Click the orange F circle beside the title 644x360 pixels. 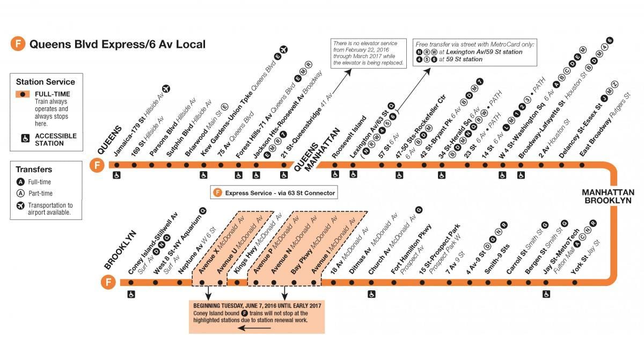[x=18, y=43]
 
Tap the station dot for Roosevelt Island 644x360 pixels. [x=335, y=165]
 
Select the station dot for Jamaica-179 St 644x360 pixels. [x=117, y=165]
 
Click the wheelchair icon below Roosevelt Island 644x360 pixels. [x=335, y=174]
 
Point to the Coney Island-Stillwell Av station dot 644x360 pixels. [x=131, y=282]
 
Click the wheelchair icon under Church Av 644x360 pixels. [x=371, y=294]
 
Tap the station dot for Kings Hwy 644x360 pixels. [x=237, y=282]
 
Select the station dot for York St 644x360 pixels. [x=575, y=282]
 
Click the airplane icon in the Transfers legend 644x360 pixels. [x=20, y=205]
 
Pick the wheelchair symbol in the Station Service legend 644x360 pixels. [x=25, y=138]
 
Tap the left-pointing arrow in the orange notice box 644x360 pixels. [x=254, y=328]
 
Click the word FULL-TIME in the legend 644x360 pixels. [x=53, y=94]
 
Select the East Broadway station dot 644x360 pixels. [x=582, y=165]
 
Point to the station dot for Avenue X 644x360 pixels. [x=202, y=282]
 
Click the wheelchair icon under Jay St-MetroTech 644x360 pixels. [x=546, y=294]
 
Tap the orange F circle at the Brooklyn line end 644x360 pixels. [x=108, y=282]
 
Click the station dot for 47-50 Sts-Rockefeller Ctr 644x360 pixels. [x=399, y=165]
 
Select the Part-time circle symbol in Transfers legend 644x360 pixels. [x=20, y=193]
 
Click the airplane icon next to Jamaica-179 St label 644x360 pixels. [x=166, y=89]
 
